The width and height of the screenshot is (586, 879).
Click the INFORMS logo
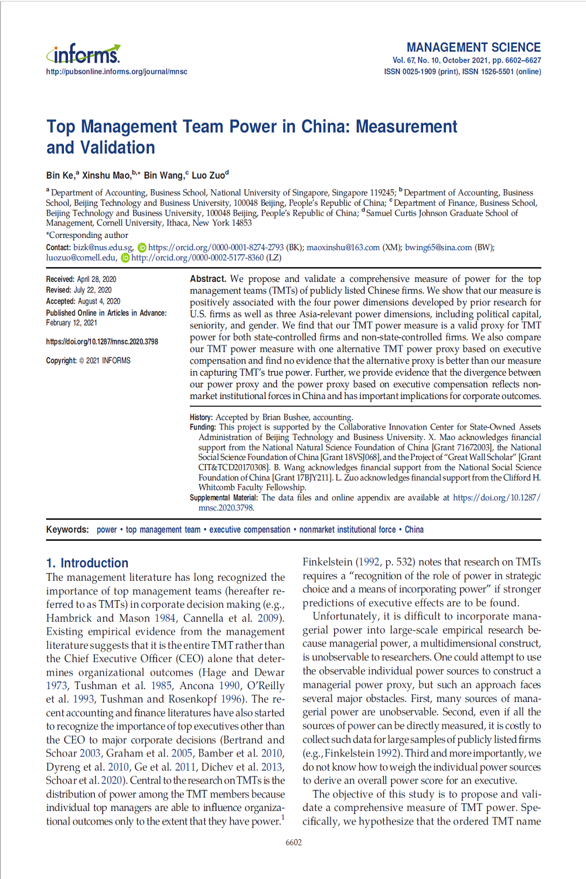point(83,54)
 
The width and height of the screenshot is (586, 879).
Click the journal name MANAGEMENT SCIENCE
point(473,47)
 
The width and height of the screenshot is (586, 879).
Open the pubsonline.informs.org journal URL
point(117,71)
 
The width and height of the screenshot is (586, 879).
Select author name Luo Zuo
point(208,175)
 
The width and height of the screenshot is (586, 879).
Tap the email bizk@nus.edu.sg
point(103,247)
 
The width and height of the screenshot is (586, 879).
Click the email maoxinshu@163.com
point(343,247)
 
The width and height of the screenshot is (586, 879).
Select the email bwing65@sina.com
point(438,247)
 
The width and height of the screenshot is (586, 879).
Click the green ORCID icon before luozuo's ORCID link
point(125,258)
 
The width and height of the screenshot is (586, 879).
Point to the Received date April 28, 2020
point(97,279)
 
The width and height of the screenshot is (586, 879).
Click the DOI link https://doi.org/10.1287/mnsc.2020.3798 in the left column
point(102,342)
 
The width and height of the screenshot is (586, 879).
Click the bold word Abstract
point(207,279)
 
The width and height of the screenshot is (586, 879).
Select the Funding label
point(203,427)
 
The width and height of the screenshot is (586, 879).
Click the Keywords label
point(67,530)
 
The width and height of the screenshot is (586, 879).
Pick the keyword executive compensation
point(250,530)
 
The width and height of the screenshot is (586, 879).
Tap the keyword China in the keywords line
point(414,530)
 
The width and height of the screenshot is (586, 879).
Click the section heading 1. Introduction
point(87,563)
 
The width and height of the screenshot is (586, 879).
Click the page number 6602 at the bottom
point(294,843)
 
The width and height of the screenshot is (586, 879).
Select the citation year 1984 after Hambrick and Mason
point(165,618)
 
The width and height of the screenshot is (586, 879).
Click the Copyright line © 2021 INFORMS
point(88,360)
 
